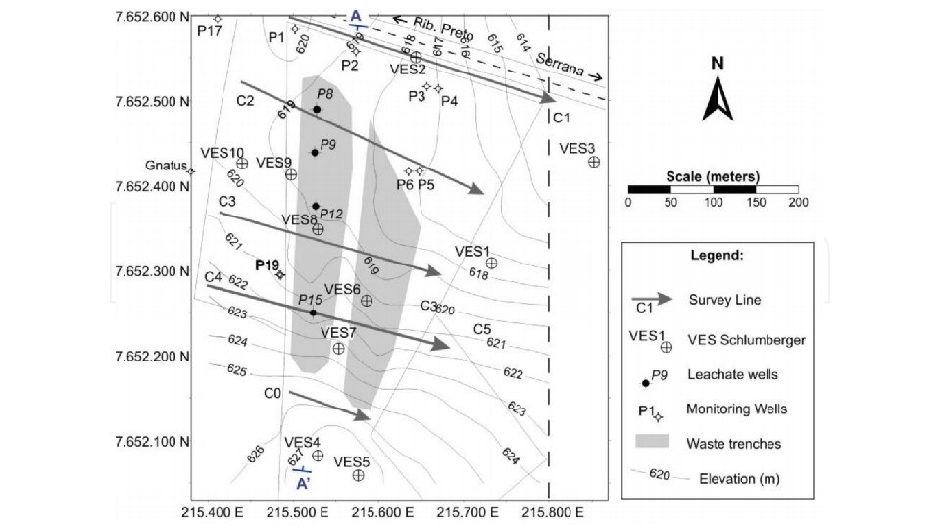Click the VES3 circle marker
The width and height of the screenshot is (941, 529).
tap(593, 162)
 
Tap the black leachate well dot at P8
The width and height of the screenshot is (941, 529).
tap(316, 109)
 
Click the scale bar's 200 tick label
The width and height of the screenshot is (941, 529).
tap(797, 203)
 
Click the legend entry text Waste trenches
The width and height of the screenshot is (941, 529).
tap(735, 444)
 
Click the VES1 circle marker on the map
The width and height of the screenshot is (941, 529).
tap(491, 263)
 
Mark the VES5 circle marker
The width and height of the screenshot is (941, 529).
tap(358, 475)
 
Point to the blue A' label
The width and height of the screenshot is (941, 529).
tap(303, 484)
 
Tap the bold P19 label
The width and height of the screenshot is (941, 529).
tap(267, 264)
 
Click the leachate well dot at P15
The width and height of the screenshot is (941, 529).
tap(313, 313)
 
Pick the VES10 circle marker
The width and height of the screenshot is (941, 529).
tap(242, 164)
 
